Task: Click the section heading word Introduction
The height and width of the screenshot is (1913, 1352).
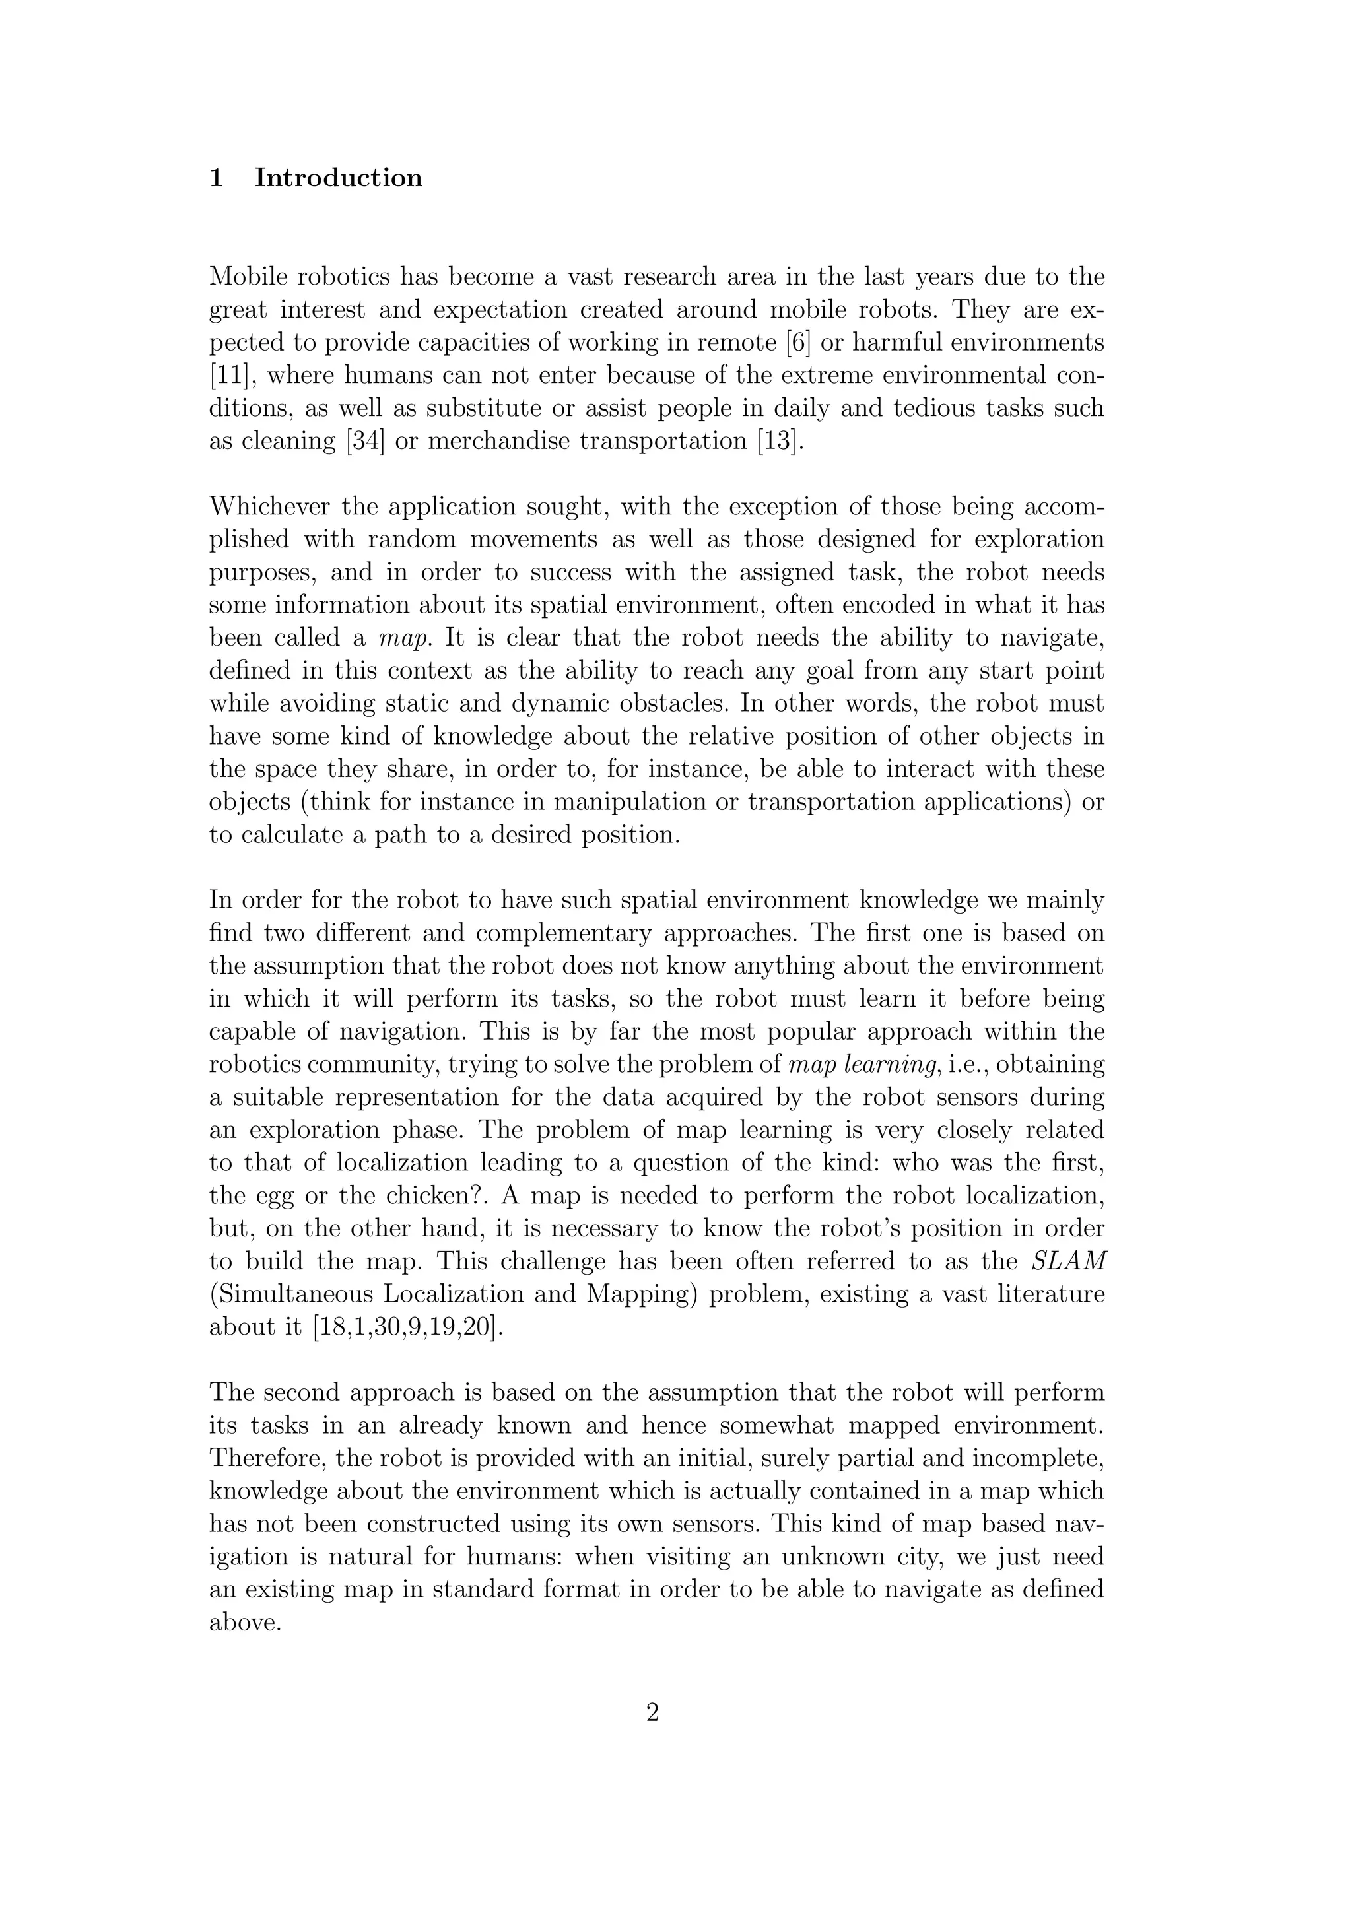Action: point(338,178)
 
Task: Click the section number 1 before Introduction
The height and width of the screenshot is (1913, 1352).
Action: point(217,178)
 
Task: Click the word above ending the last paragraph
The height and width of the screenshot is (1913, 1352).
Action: point(242,1622)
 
